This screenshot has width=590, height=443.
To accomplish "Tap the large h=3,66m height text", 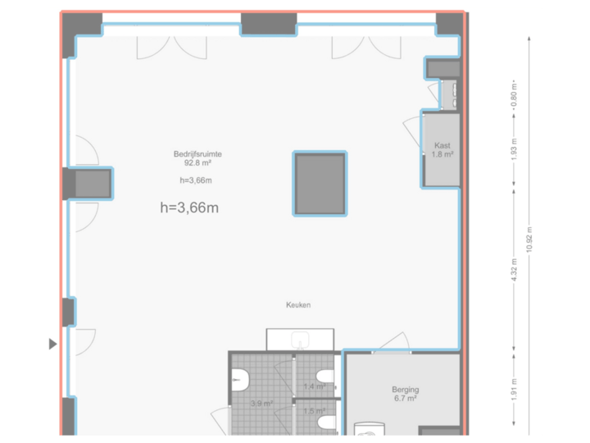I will click(x=189, y=208).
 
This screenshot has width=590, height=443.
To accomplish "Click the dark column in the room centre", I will click(x=320, y=184).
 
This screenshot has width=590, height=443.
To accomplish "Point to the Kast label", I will click(x=442, y=145).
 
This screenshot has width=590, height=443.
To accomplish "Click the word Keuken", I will click(x=298, y=305).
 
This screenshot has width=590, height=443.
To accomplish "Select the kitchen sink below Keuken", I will click(x=301, y=339).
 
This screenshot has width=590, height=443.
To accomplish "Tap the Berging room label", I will click(x=406, y=390).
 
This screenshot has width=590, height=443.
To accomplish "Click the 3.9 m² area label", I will click(x=261, y=404).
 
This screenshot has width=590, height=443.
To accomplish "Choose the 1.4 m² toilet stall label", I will click(x=315, y=386).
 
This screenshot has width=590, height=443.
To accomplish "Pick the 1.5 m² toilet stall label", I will click(x=315, y=411).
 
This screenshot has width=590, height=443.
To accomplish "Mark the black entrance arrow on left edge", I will click(x=53, y=345).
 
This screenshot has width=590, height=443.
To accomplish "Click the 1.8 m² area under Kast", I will click(x=442, y=154).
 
